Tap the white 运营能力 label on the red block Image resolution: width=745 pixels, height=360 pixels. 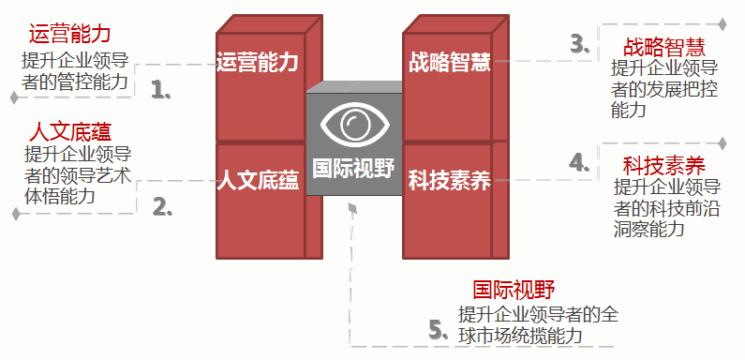tap(257, 63)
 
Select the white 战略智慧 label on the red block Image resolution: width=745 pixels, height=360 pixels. tap(450, 63)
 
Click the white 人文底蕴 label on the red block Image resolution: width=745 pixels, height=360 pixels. tap(257, 181)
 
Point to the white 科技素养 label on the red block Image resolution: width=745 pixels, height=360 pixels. tap(450, 181)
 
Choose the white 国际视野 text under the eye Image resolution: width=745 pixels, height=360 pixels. tap(352, 167)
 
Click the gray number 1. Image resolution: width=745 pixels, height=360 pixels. tap(160, 89)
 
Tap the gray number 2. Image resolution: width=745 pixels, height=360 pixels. tap(161, 206)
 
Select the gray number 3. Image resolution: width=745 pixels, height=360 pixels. tap(579, 43)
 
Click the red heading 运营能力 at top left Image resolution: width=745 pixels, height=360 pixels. tap(70, 35)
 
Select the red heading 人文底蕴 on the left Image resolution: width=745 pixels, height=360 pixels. tap(70, 129)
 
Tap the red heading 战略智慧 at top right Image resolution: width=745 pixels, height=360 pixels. tap(663, 47)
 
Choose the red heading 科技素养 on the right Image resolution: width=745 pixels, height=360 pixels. tap(663, 166)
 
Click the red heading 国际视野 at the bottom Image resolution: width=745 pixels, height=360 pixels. tap(514, 291)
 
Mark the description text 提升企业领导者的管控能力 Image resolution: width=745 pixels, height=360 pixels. tap(75, 71)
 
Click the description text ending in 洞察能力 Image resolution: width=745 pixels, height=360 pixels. tap(665, 207)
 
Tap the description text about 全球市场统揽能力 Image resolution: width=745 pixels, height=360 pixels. tap(537, 324)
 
